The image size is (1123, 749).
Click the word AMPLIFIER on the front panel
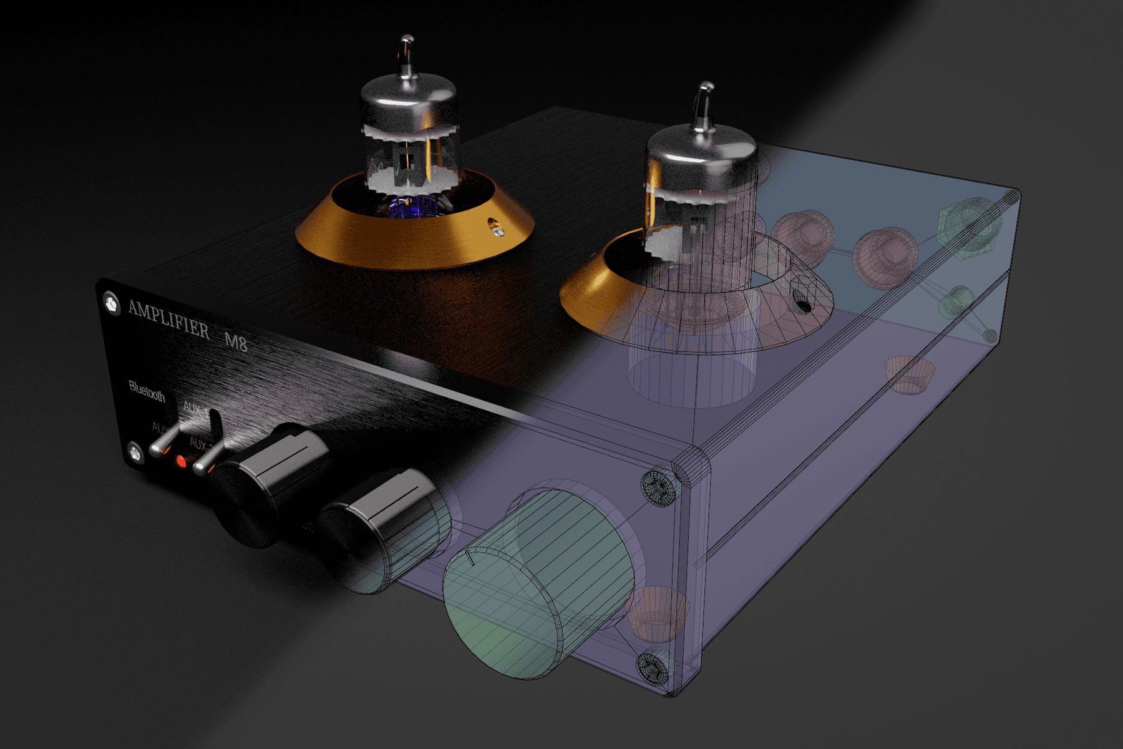168,318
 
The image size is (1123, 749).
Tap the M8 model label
236,342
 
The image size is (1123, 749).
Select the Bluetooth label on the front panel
147,391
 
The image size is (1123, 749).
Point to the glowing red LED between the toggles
182,461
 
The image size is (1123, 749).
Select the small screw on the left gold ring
497,228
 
